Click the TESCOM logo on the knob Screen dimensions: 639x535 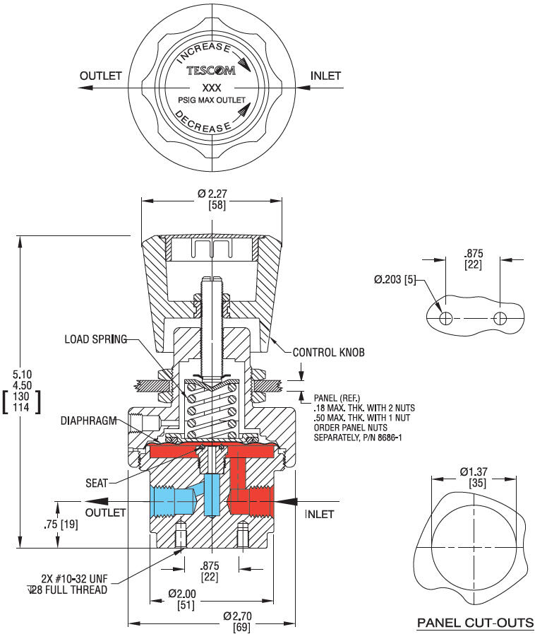point(212,71)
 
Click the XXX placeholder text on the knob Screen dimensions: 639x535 point(212,88)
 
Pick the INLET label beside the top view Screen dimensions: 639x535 point(326,76)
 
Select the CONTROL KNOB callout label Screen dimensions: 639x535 point(329,352)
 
